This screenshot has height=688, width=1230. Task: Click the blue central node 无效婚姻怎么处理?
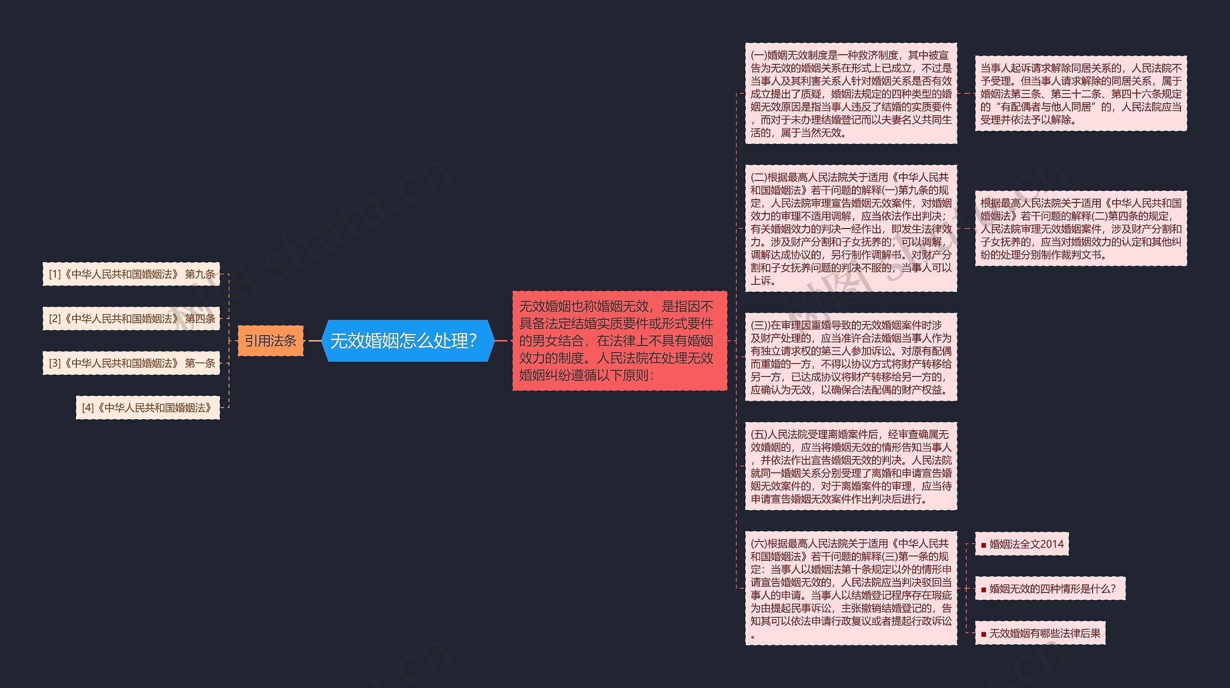(407, 340)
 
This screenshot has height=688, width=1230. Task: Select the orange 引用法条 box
(271, 341)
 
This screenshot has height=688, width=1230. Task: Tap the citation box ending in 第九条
(131, 274)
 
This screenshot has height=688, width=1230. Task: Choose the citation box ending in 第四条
(131, 318)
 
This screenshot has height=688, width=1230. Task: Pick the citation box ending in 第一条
(131, 363)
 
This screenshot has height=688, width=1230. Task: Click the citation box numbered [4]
(148, 408)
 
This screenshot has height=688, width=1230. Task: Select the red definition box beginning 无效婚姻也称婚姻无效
(619, 340)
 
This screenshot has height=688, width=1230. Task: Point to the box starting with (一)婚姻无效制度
(850, 94)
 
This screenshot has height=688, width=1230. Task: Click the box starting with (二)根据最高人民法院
(850, 229)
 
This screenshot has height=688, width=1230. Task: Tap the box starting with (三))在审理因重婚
(850, 357)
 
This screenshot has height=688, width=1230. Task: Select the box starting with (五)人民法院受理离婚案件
(850, 466)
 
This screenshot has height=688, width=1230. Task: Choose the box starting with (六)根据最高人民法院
(850, 588)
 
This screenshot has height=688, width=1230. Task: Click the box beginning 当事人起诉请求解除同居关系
(1081, 94)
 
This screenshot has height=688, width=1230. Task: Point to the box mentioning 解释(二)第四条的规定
(1081, 229)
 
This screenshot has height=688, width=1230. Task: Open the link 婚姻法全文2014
(1026, 544)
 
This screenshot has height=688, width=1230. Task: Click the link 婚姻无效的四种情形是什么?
(1052, 589)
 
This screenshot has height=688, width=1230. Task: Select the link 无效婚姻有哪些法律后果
(1045, 633)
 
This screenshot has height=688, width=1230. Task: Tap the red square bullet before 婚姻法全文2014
(984, 545)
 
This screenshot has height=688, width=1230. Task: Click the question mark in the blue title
(473, 341)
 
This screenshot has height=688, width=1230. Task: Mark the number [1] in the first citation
(55, 274)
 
